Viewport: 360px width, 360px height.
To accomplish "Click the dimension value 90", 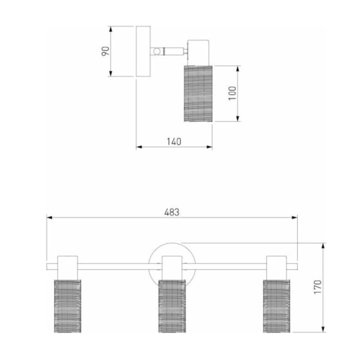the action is pyautogui.click(x=105, y=51).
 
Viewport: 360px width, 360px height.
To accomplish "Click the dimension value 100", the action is pyautogui.click(x=232, y=93).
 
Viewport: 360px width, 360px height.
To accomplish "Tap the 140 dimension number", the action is pyautogui.click(x=174, y=142).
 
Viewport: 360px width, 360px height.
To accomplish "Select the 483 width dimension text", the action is pyautogui.click(x=172, y=212).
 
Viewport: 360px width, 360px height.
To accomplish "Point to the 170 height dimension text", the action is pyautogui.click(x=317, y=287).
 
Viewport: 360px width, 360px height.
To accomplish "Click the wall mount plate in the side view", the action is pyautogui.click(x=143, y=51).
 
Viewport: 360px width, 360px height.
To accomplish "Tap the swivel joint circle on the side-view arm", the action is pyautogui.click(x=157, y=51).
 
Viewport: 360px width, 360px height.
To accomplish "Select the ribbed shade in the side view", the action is pyautogui.click(x=198, y=94).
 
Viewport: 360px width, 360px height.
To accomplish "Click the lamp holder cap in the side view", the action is pyautogui.click(x=198, y=53).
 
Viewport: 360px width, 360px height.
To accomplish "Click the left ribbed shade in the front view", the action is pyautogui.click(x=68, y=306).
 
